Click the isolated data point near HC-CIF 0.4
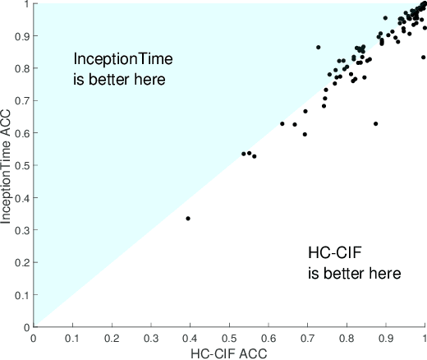point(188,219)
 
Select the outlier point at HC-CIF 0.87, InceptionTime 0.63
point(375,123)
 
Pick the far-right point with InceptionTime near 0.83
point(423,58)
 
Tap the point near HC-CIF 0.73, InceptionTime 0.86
point(318,47)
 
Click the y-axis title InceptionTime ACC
point(8,164)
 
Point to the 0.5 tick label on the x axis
point(229,337)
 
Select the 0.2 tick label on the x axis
point(112,337)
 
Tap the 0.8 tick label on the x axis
point(346,337)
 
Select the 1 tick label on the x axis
point(424,337)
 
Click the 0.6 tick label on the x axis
point(268,337)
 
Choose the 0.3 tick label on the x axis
point(151,337)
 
